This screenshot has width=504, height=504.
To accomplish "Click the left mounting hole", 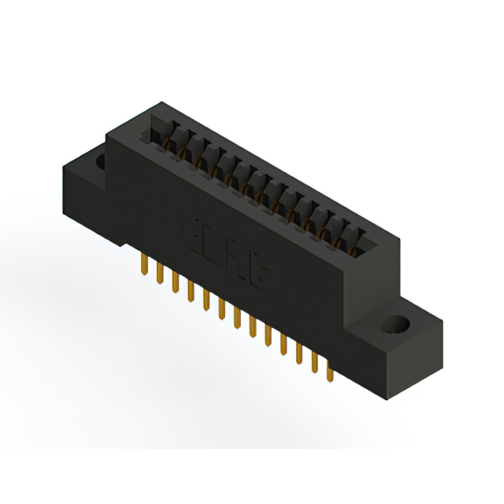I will (101, 162).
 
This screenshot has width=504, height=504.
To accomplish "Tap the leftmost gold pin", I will (145, 265).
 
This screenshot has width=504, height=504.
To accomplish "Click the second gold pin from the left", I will (160, 273).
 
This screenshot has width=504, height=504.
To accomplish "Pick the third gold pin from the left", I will (175, 281).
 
